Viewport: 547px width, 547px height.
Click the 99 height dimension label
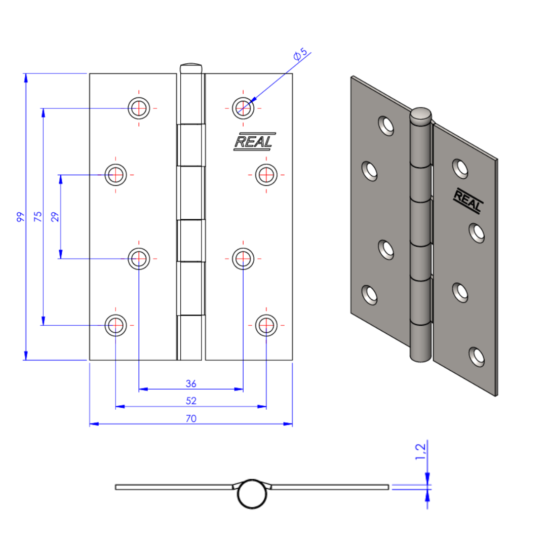20,217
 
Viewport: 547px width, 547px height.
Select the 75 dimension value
37,216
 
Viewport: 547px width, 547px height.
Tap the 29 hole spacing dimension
55,217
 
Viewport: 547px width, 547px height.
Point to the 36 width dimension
191,384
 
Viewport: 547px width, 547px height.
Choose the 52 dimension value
191,401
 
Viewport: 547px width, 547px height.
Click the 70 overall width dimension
191,418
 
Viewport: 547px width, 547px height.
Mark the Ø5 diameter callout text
300,54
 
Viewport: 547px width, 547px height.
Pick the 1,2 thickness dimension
420,452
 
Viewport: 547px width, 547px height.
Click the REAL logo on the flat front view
254,142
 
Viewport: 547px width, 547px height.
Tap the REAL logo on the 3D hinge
468,201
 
